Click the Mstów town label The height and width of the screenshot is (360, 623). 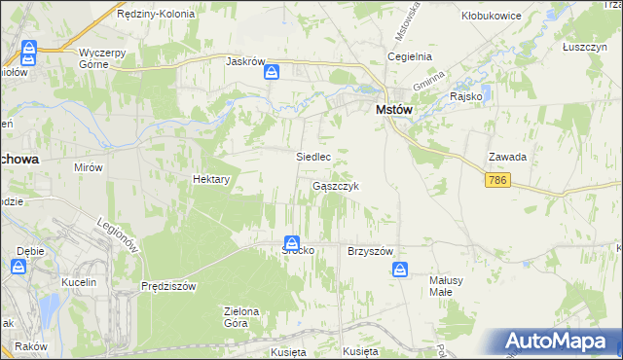pyautogui.click(x=393, y=111)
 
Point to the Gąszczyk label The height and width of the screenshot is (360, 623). pyautogui.click(x=337, y=186)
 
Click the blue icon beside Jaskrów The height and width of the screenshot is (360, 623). pyautogui.click(x=274, y=71)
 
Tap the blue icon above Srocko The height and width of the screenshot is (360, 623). pyautogui.click(x=292, y=243)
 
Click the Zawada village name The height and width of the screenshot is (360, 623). pyautogui.click(x=508, y=157)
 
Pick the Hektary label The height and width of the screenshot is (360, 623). pyautogui.click(x=211, y=180)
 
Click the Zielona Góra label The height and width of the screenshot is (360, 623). pyautogui.click(x=242, y=317)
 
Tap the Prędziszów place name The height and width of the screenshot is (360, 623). pyautogui.click(x=168, y=286)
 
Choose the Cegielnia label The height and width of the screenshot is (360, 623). pyautogui.click(x=409, y=56)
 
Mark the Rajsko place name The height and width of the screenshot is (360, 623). pyautogui.click(x=466, y=96)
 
